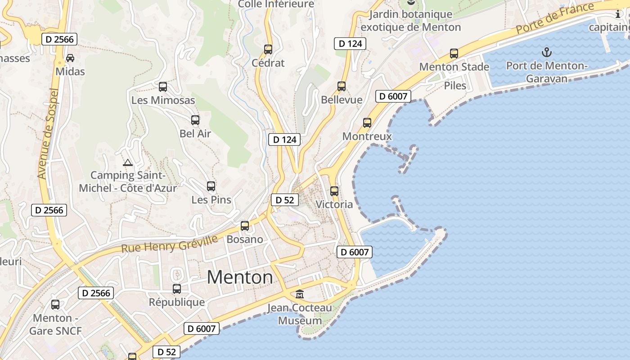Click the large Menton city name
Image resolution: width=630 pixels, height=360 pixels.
pyautogui.click(x=240, y=277)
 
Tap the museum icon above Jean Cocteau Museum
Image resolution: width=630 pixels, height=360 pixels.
pyautogui.click(x=300, y=294)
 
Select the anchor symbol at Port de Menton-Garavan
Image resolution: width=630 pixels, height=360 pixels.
pyautogui.click(x=546, y=52)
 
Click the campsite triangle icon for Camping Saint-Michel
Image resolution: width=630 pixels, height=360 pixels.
pyautogui.click(x=127, y=162)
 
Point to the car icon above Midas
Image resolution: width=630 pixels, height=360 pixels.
pyautogui.click(x=70, y=58)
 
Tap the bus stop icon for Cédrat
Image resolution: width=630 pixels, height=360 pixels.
pyautogui.click(x=268, y=49)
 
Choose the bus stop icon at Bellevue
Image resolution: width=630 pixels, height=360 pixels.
pyautogui.click(x=342, y=86)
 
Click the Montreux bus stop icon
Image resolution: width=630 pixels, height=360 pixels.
pyautogui.click(x=367, y=122)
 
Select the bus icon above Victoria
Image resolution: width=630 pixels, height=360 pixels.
pyautogui.click(x=334, y=191)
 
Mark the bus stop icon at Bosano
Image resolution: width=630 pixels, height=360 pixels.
pyautogui.click(x=245, y=225)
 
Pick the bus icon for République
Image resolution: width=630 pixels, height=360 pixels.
pyautogui.click(x=177, y=288)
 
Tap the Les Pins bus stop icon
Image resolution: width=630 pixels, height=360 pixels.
pyautogui.click(x=211, y=186)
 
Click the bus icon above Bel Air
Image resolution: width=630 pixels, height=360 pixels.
pyautogui.click(x=195, y=120)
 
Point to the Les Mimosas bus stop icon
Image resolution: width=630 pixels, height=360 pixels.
pyautogui.click(x=163, y=87)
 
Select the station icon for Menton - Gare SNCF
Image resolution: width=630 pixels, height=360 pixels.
pyautogui.click(x=55, y=305)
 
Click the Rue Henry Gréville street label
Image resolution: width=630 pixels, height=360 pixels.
pyautogui.click(x=170, y=243)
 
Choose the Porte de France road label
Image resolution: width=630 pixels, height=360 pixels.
pyautogui.click(x=555, y=18)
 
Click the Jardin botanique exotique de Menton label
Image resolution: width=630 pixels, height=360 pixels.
pyautogui.click(x=410, y=21)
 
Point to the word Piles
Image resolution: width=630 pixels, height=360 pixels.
pyautogui.click(x=455, y=85)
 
